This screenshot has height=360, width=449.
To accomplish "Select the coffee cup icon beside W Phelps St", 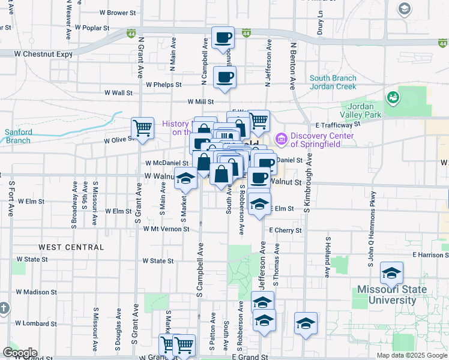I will pyautogui.click(x=225, y=77).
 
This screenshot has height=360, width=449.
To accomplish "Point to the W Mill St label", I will pyautogui.click(x=201, y=102).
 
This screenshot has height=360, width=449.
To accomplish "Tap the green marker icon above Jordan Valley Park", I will pyautogui.click(x=393, y=96).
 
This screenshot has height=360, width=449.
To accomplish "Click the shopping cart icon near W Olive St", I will pyautogui.click(x=142, y=127).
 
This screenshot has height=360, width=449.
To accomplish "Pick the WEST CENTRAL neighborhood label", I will pyautogui.click(x=71, y=247).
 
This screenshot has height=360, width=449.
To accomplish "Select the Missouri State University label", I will pyautogui.click(x=391, y=295).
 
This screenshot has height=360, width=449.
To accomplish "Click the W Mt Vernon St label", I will pyautogui.click(x=162, y=229).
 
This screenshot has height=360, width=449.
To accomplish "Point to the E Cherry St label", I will pyautogui.click(x=285, y=230).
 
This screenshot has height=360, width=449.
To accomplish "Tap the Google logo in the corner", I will pyautogui.click(x=19, y=353).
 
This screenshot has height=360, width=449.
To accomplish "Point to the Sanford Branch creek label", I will pyautogui.click(x=18, y=136).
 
